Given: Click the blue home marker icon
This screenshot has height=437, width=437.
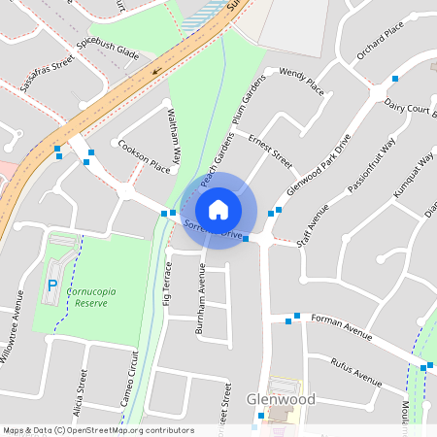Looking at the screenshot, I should click(x=218, y=209).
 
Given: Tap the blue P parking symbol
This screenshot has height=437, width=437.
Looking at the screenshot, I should click(x=52, y=286).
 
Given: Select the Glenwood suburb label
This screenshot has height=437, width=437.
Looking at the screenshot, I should click(x=281, y=399).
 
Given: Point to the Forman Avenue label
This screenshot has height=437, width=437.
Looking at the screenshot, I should click(x=341, y=326).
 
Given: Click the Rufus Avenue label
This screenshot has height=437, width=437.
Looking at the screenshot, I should click(x=354, y=371).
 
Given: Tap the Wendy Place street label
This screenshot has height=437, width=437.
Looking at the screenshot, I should click(x=301, y=81).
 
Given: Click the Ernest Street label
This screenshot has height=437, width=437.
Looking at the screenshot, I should click(x=269, y=151).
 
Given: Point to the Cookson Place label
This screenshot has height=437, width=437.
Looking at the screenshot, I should click(x=145, y=155).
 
